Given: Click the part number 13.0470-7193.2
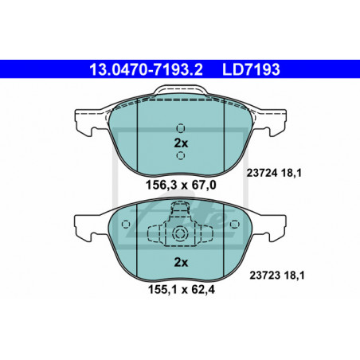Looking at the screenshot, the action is click(x=146, y=69).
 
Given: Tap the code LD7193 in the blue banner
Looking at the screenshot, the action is click(x=251, y=69).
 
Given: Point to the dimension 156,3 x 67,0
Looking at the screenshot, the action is click(x=181, y=185).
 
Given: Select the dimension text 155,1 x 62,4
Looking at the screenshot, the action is click(x=182, y=289).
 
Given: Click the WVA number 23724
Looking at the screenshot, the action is click(x=262, y=174).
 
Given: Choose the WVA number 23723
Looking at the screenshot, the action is click(x=265, y=276).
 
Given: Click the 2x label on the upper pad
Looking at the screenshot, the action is click(x=181, y=143).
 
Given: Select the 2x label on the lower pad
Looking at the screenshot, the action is click(x=181, y=262).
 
